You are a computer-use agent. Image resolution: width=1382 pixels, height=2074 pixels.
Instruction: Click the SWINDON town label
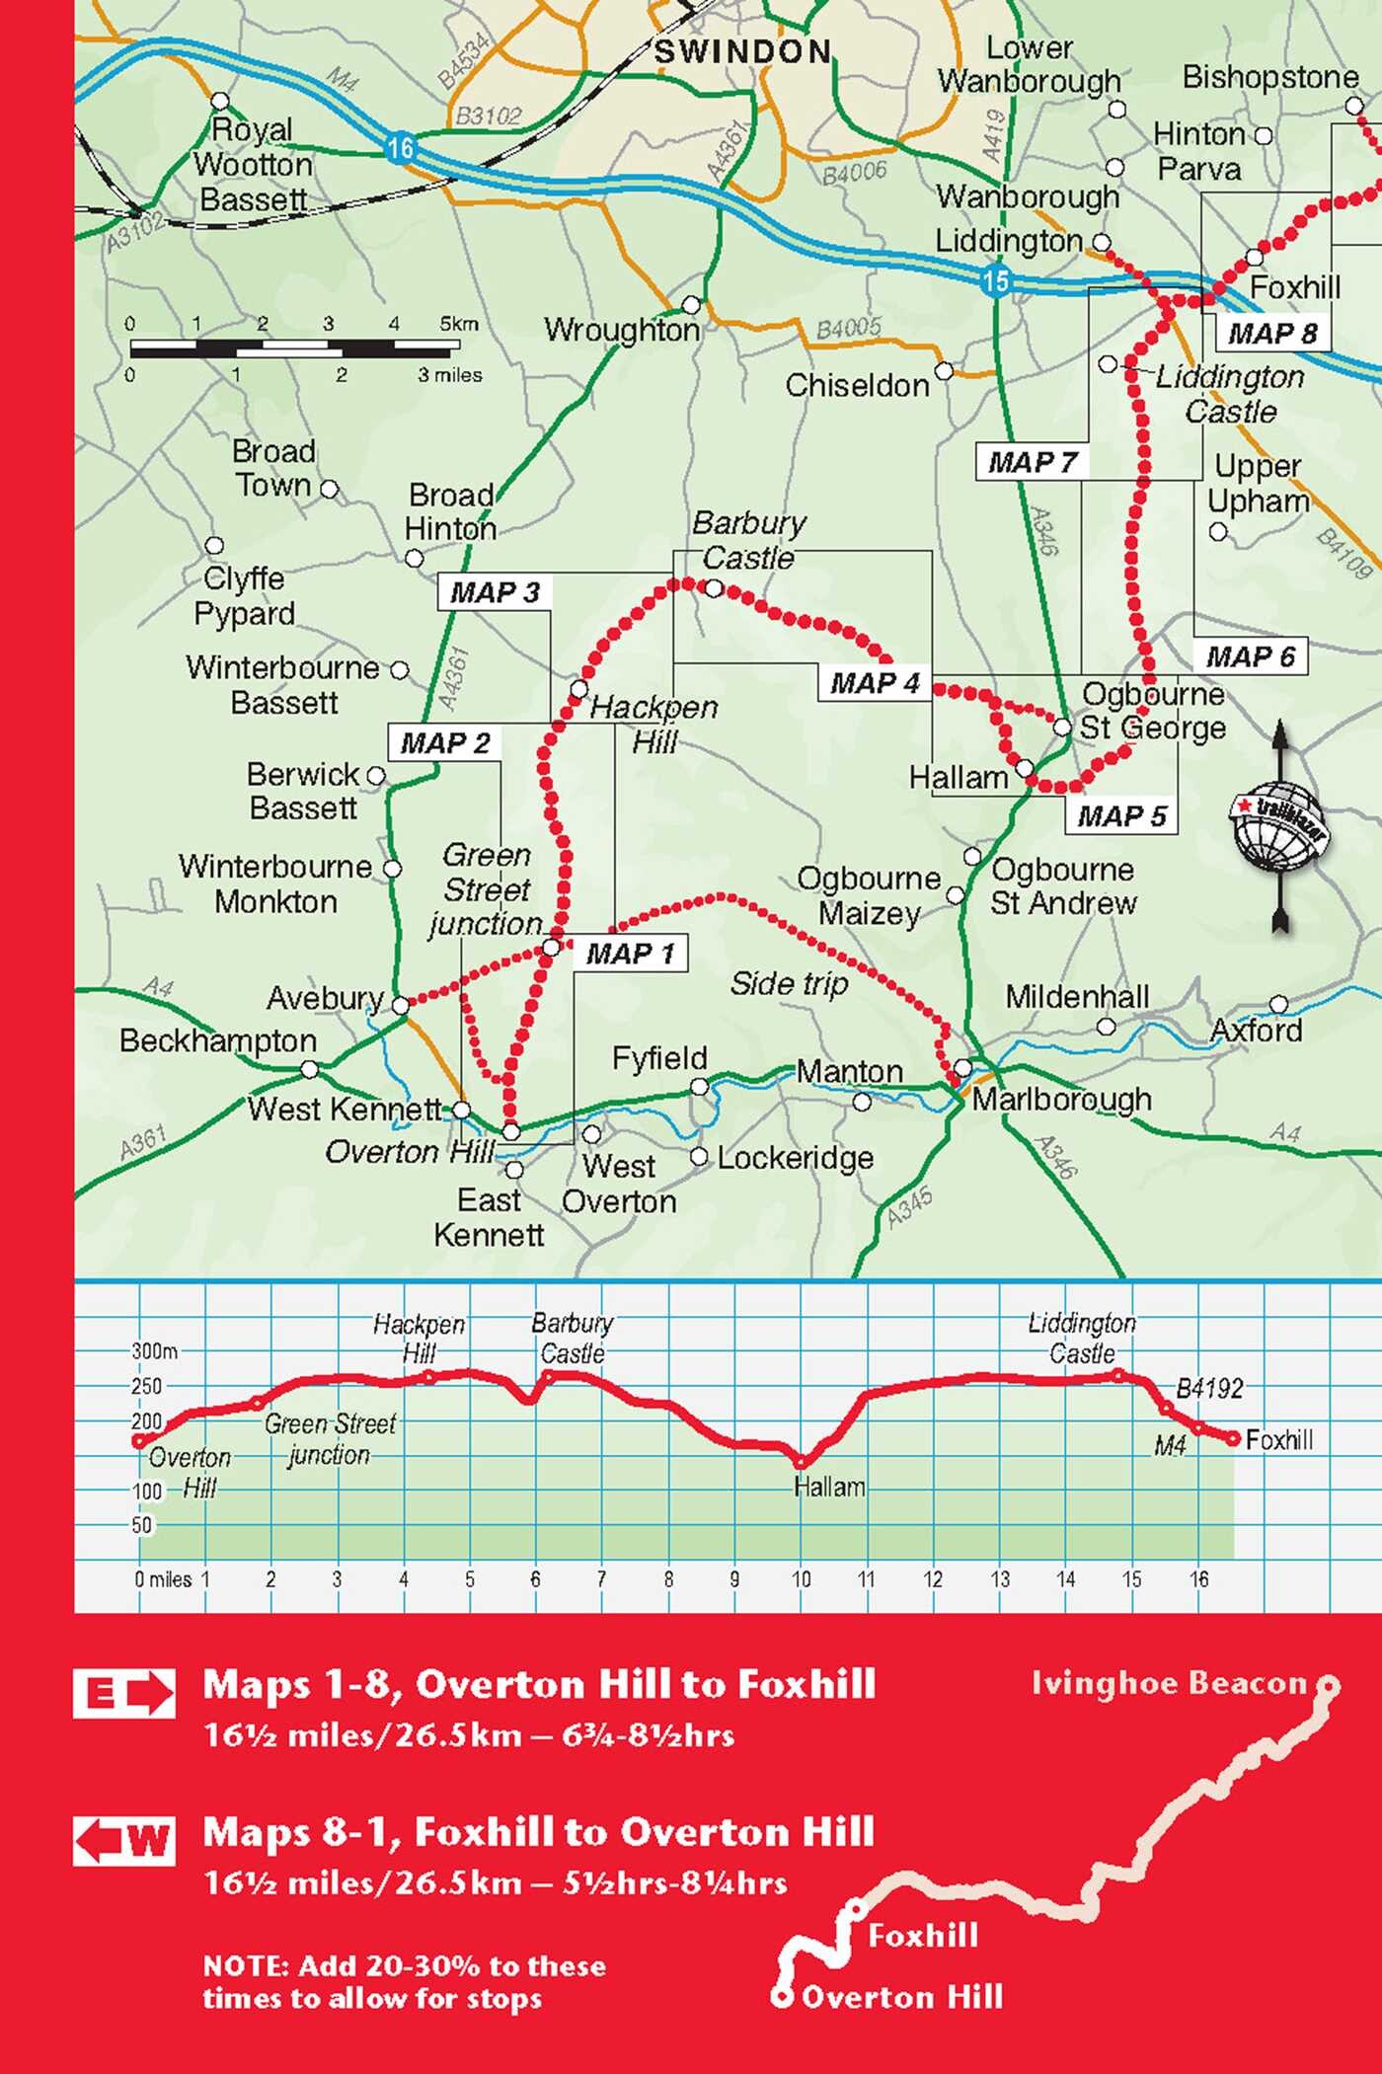pyautogui.click(x=742, y=52)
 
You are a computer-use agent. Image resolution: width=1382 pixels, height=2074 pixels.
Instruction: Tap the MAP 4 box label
pyautogui.click(x=874, y=683)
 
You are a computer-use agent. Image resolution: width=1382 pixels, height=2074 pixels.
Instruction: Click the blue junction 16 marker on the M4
pyautogui.click(x=400, y=148)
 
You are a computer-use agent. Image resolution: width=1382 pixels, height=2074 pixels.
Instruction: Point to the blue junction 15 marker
pyautogui.click(x=995, y=280)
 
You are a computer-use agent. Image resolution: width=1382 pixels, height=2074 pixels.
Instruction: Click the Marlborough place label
pyautogui.click(x=1061, y=1099)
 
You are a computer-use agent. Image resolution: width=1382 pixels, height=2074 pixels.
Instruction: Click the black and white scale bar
pyautogui.click(x=294, y=348)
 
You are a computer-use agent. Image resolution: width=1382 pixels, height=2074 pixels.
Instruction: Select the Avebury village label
pyautogui.click(x=324, y=998)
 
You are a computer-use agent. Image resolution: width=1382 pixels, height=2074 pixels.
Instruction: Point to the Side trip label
pyautogui.click(x=788, y=983)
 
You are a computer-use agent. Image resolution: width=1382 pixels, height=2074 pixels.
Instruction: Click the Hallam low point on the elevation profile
pyautogui.click(x=801, y=1462)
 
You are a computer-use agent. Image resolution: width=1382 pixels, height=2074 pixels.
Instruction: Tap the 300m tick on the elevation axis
pyautogui.click(x=155, y=1351)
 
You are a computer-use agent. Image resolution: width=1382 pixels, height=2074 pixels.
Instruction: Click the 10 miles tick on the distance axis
pyautogui.click(x=801, y=1579)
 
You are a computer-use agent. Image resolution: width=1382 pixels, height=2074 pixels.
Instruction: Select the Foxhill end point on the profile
pyautogui.click(x=1233, y=1439)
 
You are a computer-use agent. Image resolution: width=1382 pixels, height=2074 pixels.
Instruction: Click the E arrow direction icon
pyautogui.click(x=124, y=1694)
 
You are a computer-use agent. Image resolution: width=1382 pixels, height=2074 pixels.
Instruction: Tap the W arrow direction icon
pyautogui.click(x=124, y=1841)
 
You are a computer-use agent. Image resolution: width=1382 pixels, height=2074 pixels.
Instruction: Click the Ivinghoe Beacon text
pyautogui.click(x=1168, y=1683)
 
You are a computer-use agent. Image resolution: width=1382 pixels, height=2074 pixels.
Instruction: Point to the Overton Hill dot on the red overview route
pyautogui.click(x=782, y=1998)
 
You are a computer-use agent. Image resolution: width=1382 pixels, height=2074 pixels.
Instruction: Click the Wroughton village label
pyautogui.click(x=621, y=329)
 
